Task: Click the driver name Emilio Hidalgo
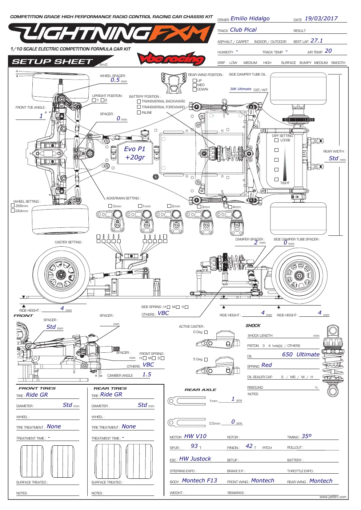click(250, 19)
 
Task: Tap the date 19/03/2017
click(321, 19)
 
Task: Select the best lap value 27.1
click(317, 41)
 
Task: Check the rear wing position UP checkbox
click(194, 81)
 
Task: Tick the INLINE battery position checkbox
click(139, 113)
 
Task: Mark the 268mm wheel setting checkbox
click(13, 206)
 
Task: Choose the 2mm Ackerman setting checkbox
click(169, 206)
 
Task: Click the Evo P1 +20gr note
click(135, 153)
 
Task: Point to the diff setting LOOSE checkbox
click(276, 140)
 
